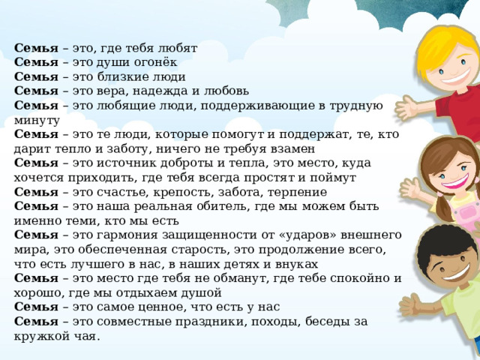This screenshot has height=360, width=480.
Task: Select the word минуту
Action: point(37,121)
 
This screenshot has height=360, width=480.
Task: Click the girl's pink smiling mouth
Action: point(455,181)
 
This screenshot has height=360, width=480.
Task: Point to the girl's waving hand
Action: point(411,188)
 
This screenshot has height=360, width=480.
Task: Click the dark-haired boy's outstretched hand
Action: point(412,305)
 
